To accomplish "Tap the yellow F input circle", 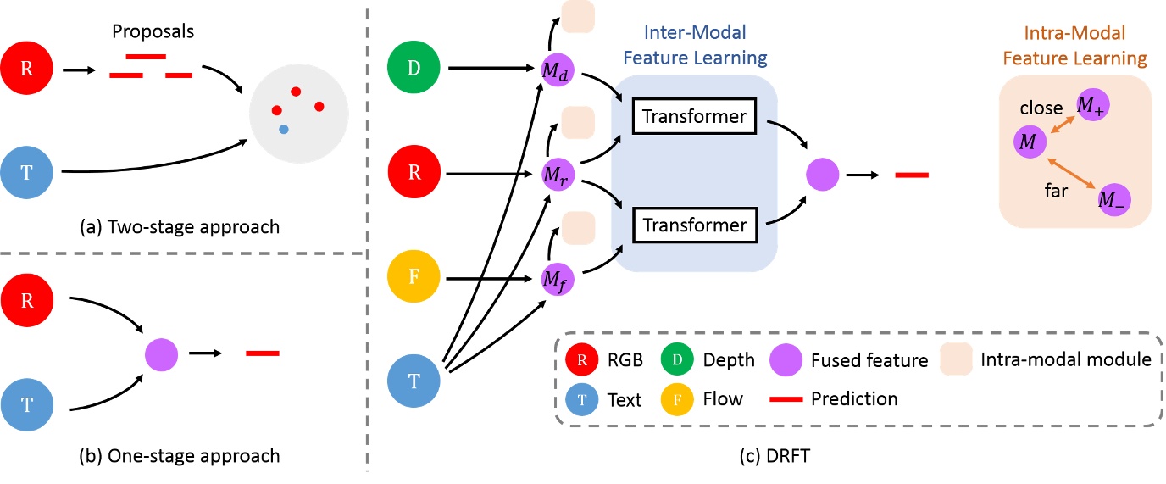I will (x=414, y=278).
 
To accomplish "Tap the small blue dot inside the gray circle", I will (x=283, y=129).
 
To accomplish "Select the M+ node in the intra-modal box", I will (x=1091, y=105).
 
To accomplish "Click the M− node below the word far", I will (x=1113, y=200).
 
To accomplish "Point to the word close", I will (x=1041, y=108).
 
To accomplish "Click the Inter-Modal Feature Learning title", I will (x=694, y=47).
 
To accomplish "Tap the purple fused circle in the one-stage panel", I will (x=161, y=353).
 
